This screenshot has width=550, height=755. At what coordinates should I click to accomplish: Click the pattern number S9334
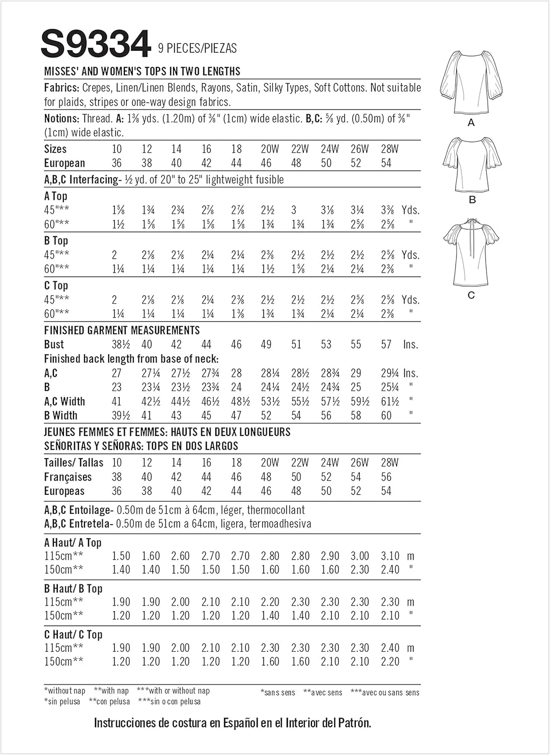coord(96,44)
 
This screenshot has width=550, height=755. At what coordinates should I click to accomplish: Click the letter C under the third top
coord(471,295)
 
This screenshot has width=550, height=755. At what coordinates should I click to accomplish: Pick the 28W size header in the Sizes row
coord(389,149)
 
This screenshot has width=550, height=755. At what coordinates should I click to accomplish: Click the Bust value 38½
coord(121,345)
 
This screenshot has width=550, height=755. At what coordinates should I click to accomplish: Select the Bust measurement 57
coord(386,345)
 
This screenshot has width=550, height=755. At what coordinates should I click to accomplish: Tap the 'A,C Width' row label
coord(64,402)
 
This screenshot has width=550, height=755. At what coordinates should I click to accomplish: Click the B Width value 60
coord(386,416)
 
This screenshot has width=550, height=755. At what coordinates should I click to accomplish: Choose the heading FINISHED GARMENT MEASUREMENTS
coord(122,331)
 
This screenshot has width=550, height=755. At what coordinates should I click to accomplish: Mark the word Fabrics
coord(61,88)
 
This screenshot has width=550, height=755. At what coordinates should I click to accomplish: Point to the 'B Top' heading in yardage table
coord(56,241)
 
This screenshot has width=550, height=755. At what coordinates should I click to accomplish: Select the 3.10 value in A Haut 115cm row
coord(390,556)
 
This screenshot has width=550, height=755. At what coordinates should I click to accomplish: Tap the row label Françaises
coord(68,477)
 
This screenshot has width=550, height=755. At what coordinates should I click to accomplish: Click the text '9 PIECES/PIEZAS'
coord(197,48)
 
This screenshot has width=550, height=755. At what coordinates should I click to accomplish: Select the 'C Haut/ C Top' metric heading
coord(73,635)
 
